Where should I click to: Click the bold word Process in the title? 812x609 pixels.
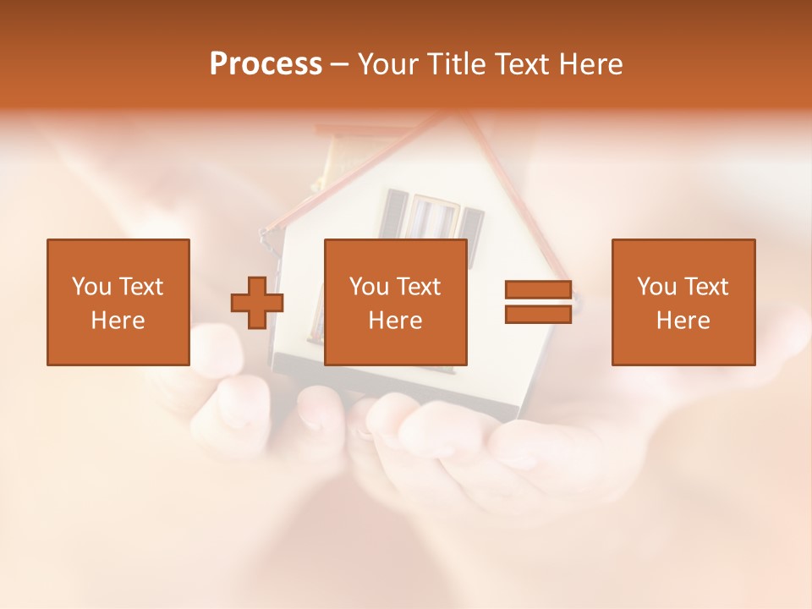tap(266, 64)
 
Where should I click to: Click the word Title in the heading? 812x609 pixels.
tap(457, 64)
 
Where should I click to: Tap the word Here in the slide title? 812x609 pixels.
tap(589, 64)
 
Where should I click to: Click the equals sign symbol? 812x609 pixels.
tap(538, 302)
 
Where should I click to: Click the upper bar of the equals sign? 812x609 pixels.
tap(538, 290)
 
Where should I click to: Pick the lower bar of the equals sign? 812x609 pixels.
tap(538, 314)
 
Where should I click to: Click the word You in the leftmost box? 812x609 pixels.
tap(91, 287)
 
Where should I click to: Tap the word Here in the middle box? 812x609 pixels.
tap(395, 321)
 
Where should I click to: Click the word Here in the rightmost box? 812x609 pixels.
tap(683, 321)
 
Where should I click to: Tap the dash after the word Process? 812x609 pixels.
tap(339, 64)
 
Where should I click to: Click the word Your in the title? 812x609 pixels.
tap(391, 64)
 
